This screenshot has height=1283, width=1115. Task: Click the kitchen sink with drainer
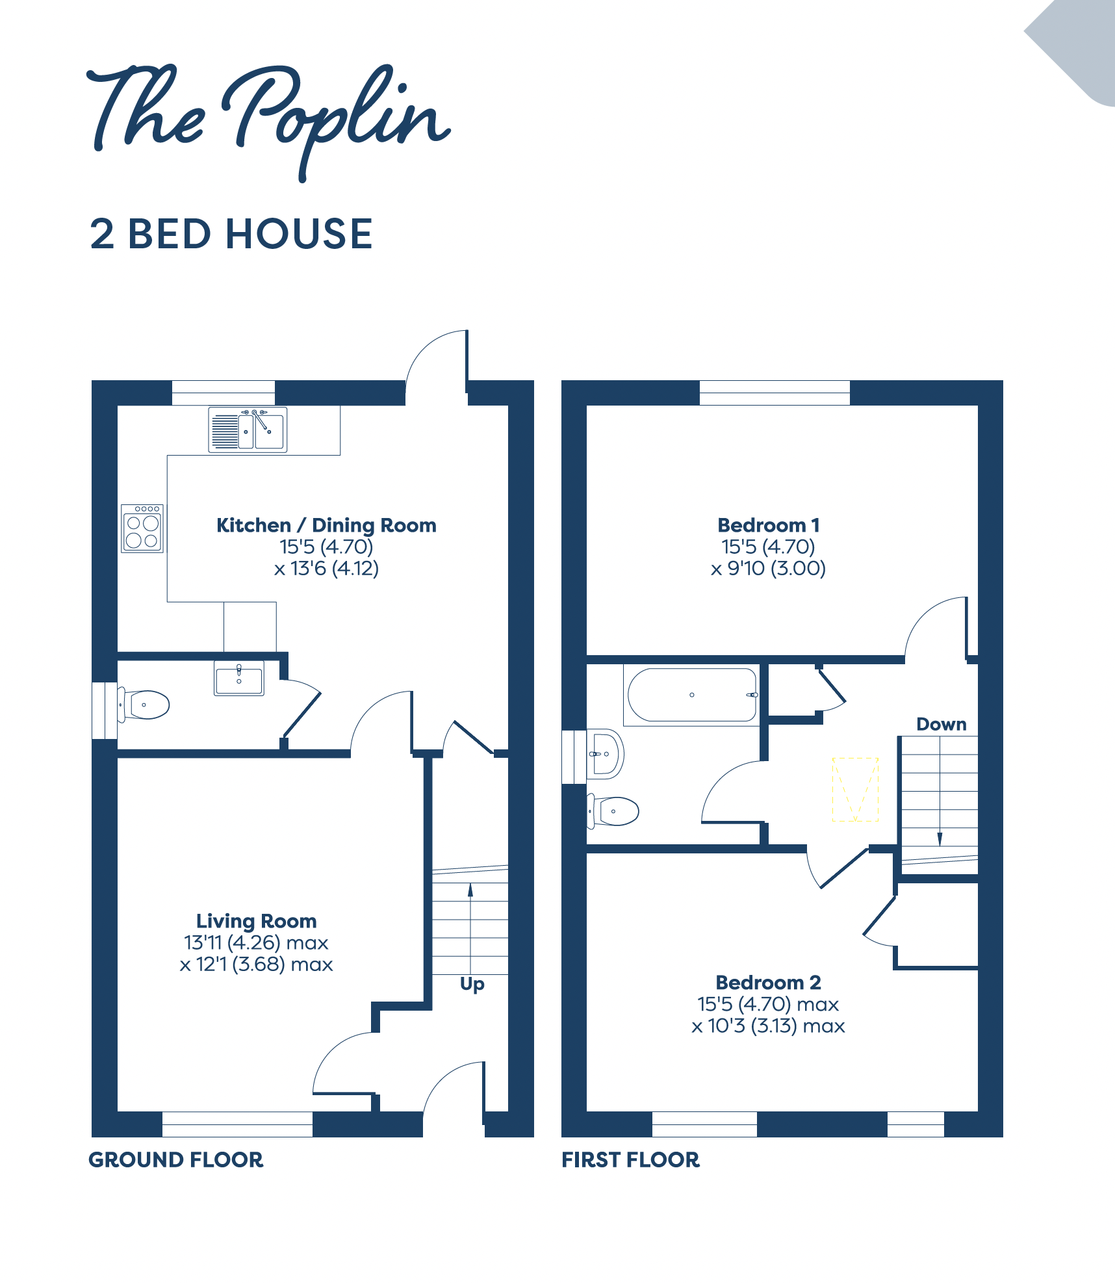[248, 429]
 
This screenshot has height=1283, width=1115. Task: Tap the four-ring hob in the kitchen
[142, 528]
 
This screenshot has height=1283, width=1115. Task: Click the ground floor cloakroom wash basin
[239, 679]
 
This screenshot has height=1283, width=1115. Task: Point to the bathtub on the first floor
[692, 695]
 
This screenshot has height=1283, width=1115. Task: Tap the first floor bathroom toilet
[613, 811]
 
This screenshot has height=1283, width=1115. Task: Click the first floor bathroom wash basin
[605, 754]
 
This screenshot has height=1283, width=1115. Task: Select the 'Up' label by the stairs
[472, 985]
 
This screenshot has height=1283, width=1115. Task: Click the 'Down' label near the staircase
[942, 724]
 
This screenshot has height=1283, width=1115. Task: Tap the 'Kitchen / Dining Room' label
[326, 525]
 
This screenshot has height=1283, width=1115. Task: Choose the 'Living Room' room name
[257, 921]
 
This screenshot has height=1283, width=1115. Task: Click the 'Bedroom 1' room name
[769, 525]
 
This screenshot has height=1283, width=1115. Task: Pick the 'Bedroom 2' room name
[769, 982]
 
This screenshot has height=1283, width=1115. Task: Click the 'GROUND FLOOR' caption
[176, 1160]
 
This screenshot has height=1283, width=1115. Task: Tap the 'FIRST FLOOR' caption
[631, 1160]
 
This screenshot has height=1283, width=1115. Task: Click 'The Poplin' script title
[269, 120]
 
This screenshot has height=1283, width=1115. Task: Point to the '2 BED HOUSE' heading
[231, 234]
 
